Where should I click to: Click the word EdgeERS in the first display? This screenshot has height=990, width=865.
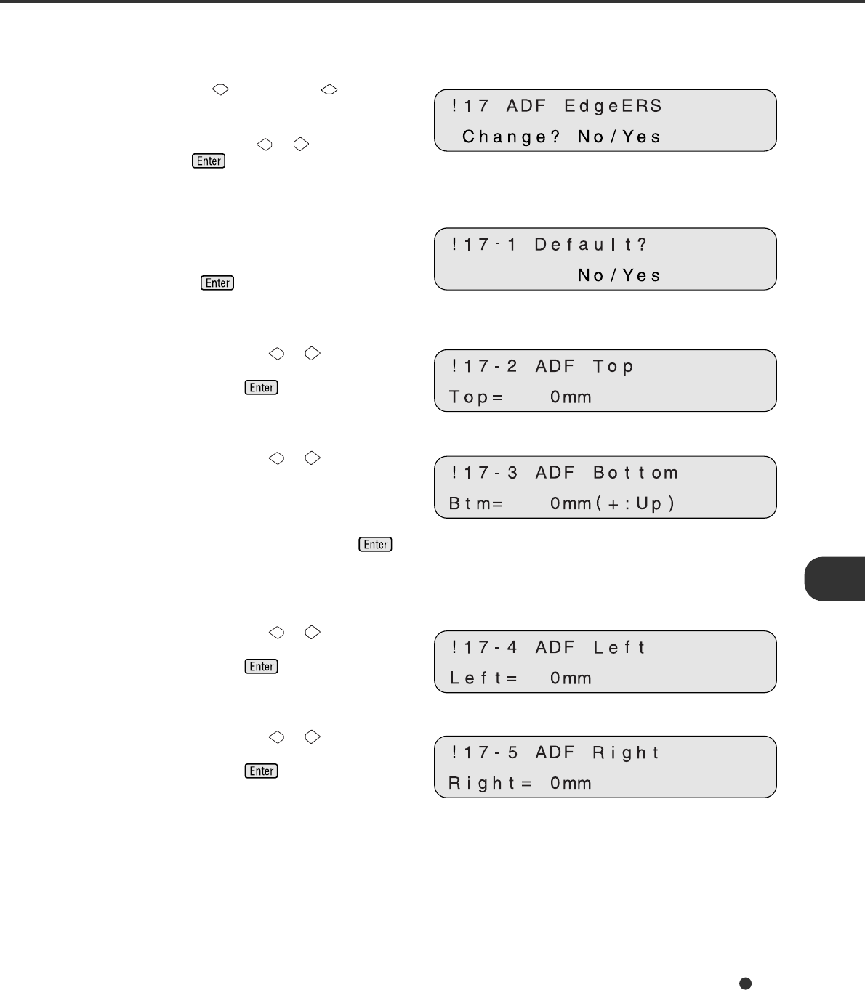[x=613, y=106]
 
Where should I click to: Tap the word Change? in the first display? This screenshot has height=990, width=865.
[x=512, y=137]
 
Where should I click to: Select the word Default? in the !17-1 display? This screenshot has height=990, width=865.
[x=590, y=245]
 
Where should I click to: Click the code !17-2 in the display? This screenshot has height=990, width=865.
[x=484, y=366]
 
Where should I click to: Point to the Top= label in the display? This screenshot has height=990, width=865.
[x=476, y=397]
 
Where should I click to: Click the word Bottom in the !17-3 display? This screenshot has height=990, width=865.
[x=636, y=473]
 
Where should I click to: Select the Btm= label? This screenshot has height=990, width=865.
[x=476, y=503]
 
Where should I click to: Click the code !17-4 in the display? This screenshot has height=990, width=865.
[x=484, y=647]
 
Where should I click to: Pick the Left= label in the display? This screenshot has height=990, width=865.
[x=483, y=678]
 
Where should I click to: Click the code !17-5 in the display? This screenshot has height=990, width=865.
[x=484, y=752]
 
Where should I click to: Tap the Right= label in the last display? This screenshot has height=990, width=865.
[x=491, y=784]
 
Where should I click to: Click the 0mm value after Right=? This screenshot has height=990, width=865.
[x=571, y=784]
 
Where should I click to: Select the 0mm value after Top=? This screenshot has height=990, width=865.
[x=571, y=397]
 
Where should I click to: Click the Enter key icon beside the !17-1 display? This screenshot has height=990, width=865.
[x=217, y=283]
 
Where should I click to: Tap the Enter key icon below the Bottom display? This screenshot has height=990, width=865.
[x=375, y=545]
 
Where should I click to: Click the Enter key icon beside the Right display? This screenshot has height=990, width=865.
[x=262, y=771]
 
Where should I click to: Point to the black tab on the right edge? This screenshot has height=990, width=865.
[x=835, y=579]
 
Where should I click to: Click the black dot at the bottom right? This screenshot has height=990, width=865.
[x=745, y=983]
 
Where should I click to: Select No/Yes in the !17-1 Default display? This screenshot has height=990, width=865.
[x=619, y=275]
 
